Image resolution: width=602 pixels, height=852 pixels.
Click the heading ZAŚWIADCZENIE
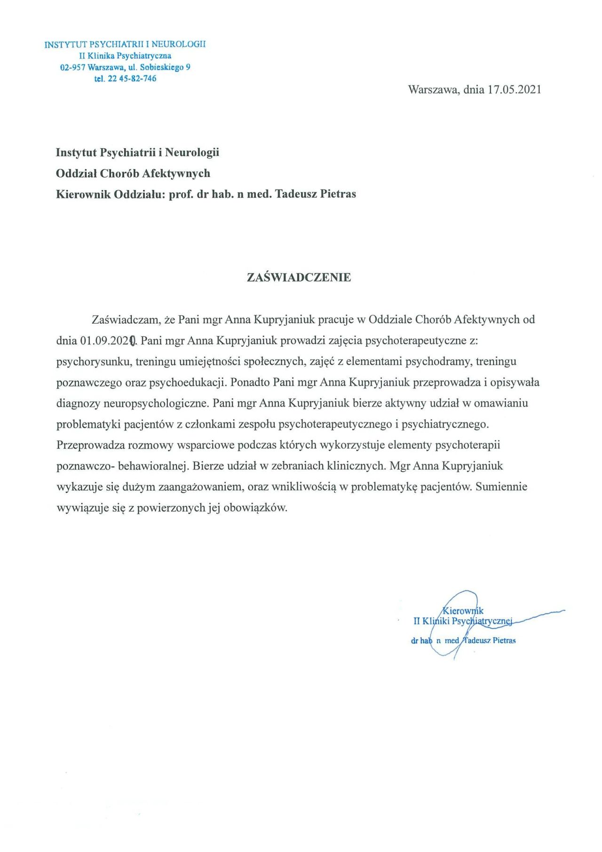pyautogui.click(x=299, y=278)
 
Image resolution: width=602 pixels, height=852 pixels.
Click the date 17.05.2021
pyautogui.click(x=514, y=90)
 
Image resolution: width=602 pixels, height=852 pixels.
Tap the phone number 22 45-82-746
pyautogui.click(x=132, y=79)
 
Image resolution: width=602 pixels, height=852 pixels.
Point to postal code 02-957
pyautogui.click(x=73, y=67)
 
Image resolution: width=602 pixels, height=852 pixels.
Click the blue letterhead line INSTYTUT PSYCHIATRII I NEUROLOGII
pyautogui.click(x=125, y=45)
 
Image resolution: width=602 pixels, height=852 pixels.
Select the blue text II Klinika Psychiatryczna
pyautogui.click(x=125, y=56)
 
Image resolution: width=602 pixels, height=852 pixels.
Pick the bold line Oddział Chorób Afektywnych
pyautogui.click(x=133, y=174)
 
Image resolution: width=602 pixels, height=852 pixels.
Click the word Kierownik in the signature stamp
pyautogui.click(x=463, y=611)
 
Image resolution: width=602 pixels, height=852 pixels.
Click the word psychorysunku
pyautogui.click(x=90, y=362)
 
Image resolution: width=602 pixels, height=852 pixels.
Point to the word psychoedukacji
pyautogui.click(x=187, y=382)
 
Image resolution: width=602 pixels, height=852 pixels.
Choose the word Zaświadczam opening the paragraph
pyautogui.click(x=126, y=320)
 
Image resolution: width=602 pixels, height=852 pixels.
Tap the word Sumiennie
pyautogui.click(x=501, y=487)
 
